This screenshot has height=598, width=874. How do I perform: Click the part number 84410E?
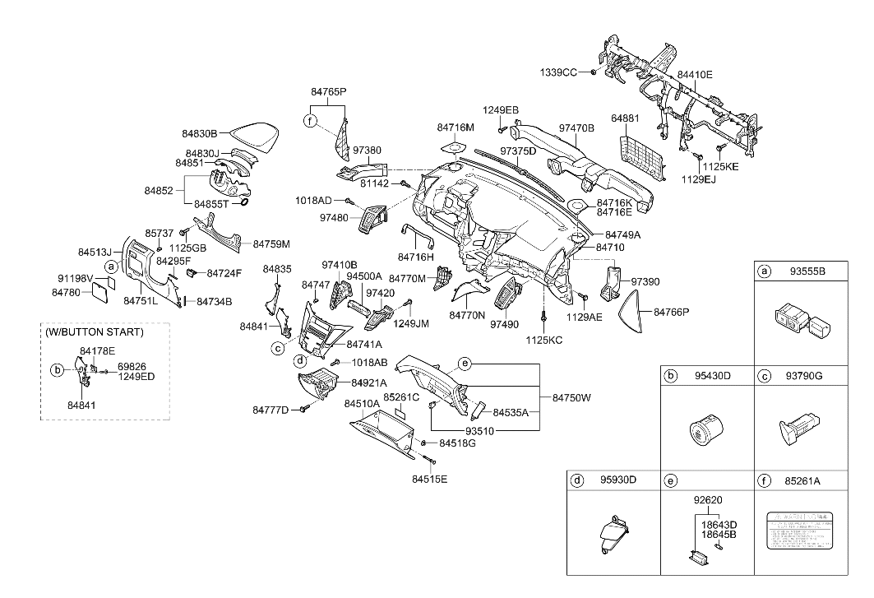click(695, 75)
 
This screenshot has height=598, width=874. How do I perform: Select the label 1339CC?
click(558, 72)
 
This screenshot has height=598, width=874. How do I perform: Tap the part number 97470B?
click(576, 129)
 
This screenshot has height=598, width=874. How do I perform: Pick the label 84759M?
click(272, 243)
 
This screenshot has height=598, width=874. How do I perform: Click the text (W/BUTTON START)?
click(95, 331)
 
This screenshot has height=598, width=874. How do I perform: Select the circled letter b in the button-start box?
click(58, 370)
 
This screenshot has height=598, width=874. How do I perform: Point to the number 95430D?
click(706, 376)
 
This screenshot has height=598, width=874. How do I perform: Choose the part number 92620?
click(706, 499)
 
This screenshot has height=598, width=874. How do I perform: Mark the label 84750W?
click(573, 398)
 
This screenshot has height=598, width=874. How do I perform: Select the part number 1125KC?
click(544, 339)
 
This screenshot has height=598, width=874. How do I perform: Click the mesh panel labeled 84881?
click(641, 152)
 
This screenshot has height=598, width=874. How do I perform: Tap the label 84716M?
click(455, 127)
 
